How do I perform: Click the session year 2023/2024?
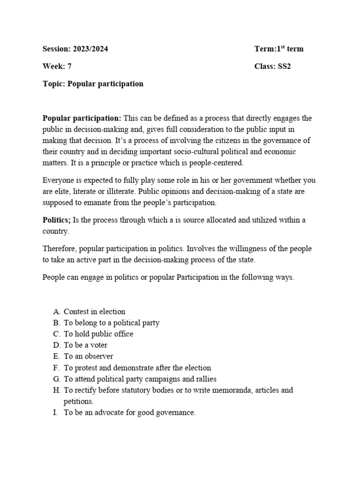pos(91,49)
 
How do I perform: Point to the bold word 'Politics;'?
pos(57,220)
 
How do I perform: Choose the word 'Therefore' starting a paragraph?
pos(60,248)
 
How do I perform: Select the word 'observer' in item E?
pos(99,357)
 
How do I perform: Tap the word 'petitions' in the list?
pos(78,402)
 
